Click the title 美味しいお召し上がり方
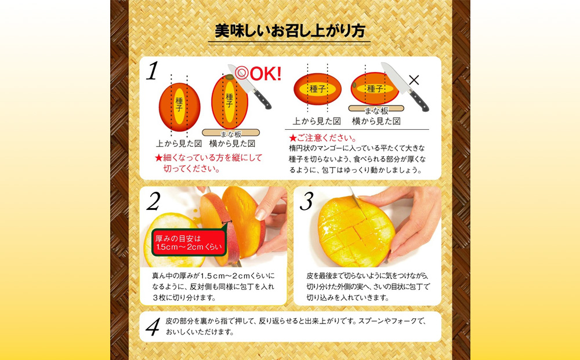pos(289,31)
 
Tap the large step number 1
pos(152,71)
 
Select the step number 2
pos(153,201)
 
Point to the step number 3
pos(306,201)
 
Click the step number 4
pos(152,327)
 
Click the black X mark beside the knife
pos(414,81)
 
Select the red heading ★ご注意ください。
pos(323,138)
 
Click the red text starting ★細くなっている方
pos(208,163)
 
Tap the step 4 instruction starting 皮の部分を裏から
pos(296,326)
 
